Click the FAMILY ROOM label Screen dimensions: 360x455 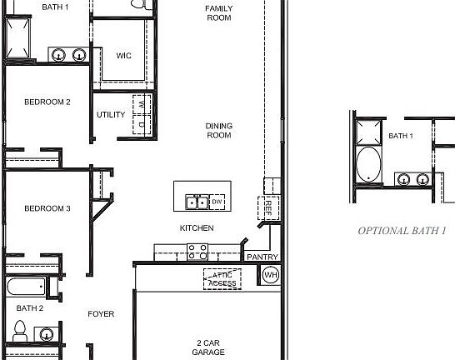coord(218,12)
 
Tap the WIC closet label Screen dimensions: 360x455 coord(123,56)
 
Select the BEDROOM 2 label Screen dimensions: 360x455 coord(47,102)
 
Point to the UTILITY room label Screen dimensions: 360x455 coord(111,115)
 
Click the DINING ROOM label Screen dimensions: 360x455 coord(218,130)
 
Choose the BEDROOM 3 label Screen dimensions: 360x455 coord(47,208)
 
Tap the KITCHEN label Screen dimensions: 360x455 coord(197,228)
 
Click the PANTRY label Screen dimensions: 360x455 coord(262,257)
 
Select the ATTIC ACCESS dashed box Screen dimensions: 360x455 coord(222,279)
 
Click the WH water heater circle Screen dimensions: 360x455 coord(270,275)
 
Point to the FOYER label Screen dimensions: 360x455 coord(102,314)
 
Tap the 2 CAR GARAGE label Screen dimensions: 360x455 coord(210,347)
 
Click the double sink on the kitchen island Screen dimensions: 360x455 coord(197,202)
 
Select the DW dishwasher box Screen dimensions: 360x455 coord(217,202)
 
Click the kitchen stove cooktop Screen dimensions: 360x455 coord(197,251)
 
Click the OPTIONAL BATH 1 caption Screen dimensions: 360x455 coord(402,230)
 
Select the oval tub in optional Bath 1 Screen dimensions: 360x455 coord(367,164)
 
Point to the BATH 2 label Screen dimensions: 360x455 coord(29,308)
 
